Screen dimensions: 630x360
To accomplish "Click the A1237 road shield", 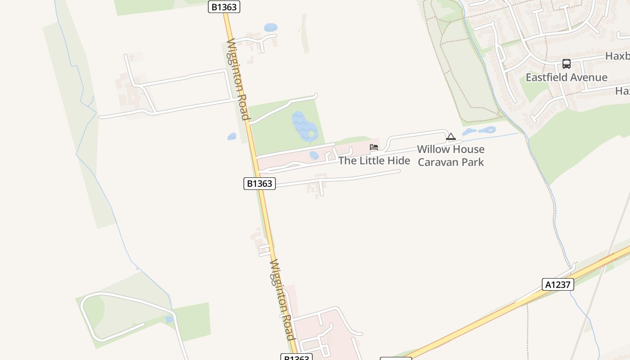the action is pyautogui.click(x=558, y=284).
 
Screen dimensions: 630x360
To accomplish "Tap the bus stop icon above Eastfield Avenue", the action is pyautogui.click(x=566, y=64).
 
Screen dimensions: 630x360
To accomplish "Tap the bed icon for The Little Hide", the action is pyautogui.click(x=374, y=147).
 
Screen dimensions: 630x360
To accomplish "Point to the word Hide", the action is pyautogui.click(x=399, y=161).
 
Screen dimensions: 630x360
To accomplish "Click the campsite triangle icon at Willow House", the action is pyautogui.click(x=451, y=136).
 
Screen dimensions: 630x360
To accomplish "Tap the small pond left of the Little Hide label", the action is pyautogui.click(x=314, y=155).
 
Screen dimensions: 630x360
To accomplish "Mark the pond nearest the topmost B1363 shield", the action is pyautogui.click(x=270, y=27).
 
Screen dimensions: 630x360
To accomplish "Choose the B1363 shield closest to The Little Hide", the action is pyautogui.click(x=260, y=184).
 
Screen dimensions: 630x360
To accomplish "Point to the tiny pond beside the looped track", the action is pyautogui.click(x=169, y=319).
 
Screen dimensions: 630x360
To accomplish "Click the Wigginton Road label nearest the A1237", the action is pyautogui.click(x=282, y=299).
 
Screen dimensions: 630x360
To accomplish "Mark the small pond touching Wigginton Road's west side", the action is pyautogui.click(x=232, y=136).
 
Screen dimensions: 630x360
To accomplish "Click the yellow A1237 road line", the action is pyautogui.click(x=495, y=315).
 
